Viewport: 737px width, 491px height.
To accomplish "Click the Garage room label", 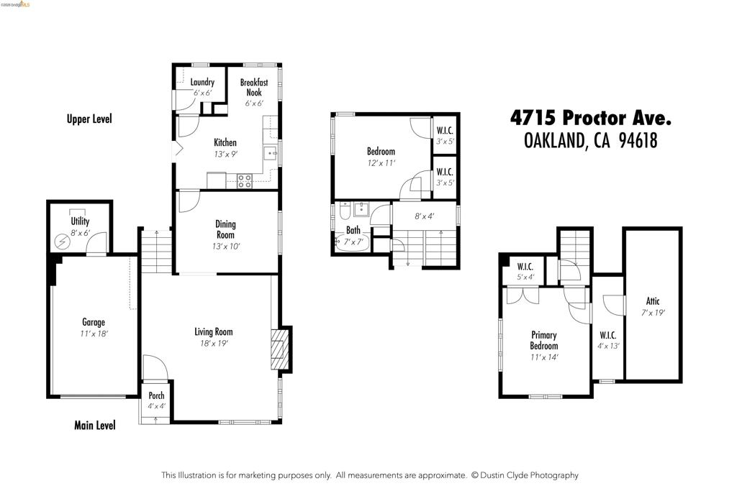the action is (94, 322).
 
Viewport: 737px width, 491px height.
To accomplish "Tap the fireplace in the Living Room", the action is (279, 349).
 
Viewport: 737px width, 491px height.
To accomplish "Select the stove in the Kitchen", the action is (245, 180).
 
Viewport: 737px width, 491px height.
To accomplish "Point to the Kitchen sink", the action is (270, 153).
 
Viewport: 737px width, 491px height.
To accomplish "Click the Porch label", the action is (156, 395).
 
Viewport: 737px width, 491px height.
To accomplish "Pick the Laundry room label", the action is (202, 82).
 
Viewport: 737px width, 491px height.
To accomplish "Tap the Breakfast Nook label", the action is (254, 87).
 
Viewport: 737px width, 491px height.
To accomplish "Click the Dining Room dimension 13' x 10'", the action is (226, 246).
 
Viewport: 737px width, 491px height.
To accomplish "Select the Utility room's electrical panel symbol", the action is (63, 242).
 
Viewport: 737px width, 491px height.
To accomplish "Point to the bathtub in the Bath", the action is (351, 243).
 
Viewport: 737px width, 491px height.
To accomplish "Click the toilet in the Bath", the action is (345, 211).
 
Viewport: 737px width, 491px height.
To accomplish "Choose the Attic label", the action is (653, 301).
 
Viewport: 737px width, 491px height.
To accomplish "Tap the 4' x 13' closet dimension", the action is (608, 346).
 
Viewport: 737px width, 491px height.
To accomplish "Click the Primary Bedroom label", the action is (544, 340).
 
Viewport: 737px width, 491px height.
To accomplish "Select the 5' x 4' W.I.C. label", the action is (525, 277).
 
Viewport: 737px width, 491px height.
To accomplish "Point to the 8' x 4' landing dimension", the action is (424, 216).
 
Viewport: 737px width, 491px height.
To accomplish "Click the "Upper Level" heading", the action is (89, 119).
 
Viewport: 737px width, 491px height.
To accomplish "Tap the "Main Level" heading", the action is (94, 426).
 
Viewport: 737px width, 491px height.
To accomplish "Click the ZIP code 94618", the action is (638, 140).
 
